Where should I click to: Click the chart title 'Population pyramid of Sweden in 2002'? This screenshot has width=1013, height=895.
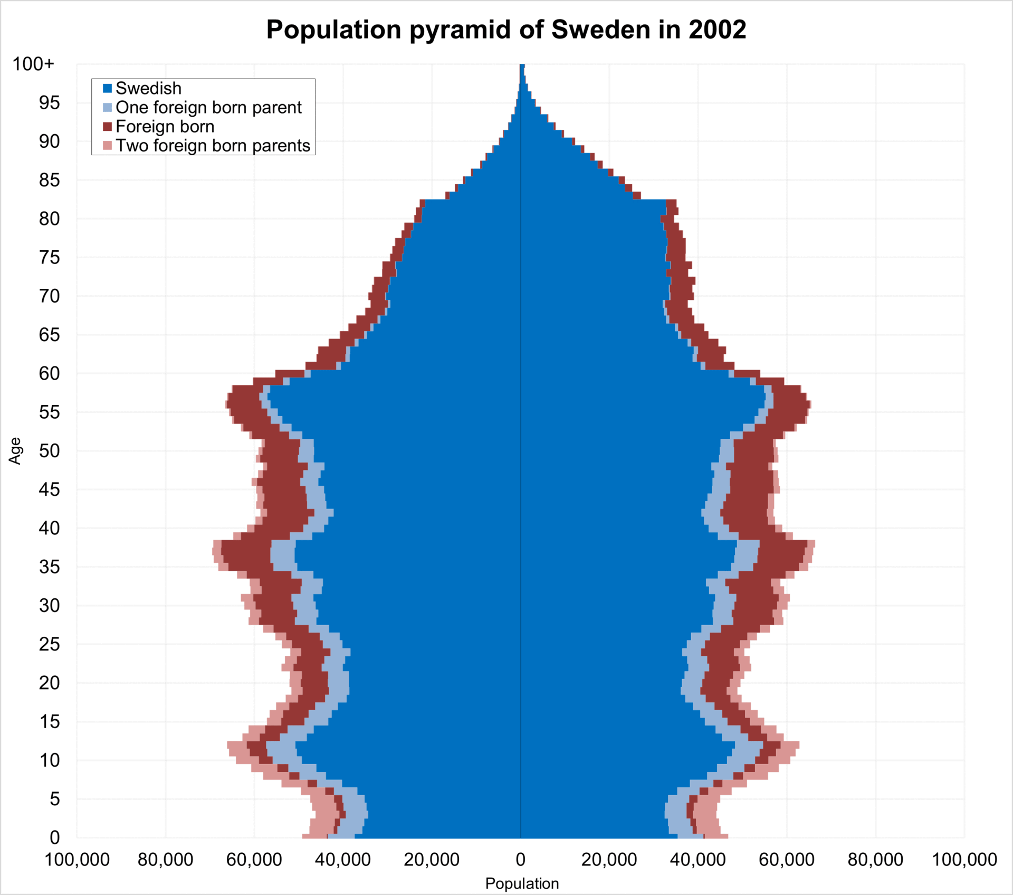506,30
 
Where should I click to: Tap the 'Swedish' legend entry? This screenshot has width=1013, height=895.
148,88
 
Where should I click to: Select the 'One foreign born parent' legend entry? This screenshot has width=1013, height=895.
208,107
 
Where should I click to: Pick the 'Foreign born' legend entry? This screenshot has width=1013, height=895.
165,127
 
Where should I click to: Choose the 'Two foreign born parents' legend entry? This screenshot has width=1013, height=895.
213,146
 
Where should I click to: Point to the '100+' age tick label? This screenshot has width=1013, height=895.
33,64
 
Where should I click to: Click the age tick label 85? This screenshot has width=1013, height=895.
49,180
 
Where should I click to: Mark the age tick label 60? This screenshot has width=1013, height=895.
49,373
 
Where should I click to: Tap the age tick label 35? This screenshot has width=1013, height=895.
49,567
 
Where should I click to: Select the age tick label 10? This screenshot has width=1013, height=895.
49,760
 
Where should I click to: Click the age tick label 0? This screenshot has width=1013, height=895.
54,837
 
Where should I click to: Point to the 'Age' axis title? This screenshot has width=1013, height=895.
15,450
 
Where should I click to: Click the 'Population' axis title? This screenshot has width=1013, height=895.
522,883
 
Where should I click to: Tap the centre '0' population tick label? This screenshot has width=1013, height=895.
521,860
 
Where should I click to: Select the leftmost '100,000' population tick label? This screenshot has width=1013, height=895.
77,860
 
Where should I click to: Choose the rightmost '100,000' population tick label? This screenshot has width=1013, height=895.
964,860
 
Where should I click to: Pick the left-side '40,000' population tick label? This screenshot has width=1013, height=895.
343,860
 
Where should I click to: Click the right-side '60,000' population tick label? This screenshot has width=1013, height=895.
787,860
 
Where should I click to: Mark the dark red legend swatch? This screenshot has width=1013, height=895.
108,127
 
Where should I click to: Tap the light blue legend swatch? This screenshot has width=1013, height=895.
108,108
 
